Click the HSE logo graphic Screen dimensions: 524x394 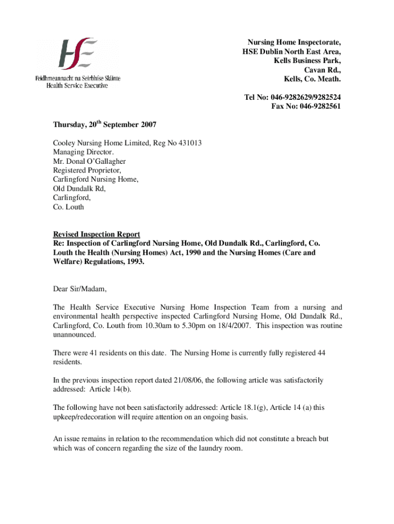pyautogui.click(x=77, y=53)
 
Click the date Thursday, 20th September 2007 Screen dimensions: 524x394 pyautogui.click(x=105, y=124)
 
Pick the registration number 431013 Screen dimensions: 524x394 pyautogui.click(x=190, y=143)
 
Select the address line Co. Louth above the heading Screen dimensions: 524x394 pyautogui.click(x=69, y=208)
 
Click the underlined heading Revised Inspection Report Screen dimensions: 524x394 pyautogui.click(x=97, y=234)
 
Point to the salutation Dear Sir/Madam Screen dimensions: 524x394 pyautogui.click(x=80, y=289)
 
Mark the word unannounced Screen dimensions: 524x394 pyautogui.click(x=74, y=335)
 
